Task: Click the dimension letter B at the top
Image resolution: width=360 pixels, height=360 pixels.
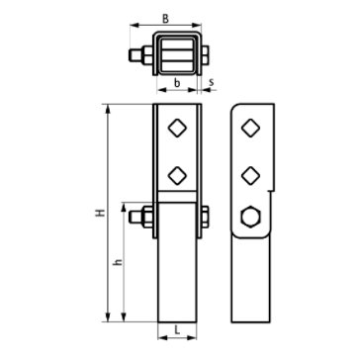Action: pos(165,19)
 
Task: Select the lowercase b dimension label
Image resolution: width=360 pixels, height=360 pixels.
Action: pos(177,83)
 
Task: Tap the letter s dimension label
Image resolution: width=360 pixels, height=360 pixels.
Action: pos(212,82)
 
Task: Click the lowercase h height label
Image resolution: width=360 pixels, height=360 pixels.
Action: pos(118,262)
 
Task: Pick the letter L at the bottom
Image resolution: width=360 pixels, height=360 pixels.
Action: pos(177,330)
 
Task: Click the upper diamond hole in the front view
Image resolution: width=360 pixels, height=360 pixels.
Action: pos(177,128)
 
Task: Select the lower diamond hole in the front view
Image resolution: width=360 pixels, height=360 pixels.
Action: pos(177,175)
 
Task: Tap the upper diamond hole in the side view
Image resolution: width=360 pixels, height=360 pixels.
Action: pos(250,128)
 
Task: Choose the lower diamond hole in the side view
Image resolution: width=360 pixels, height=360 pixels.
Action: pos(250,175)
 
